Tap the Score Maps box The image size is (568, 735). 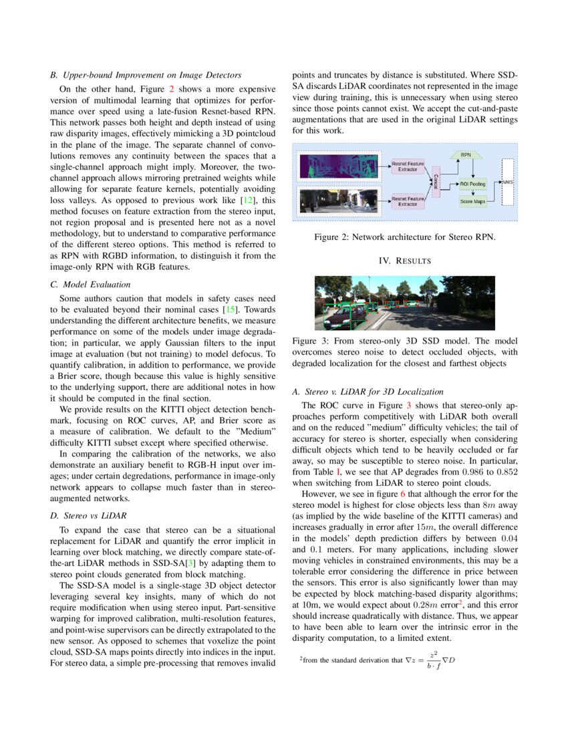(473, 200)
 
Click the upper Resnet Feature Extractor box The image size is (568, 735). (408, 166)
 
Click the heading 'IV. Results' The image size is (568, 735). (404, 260)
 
